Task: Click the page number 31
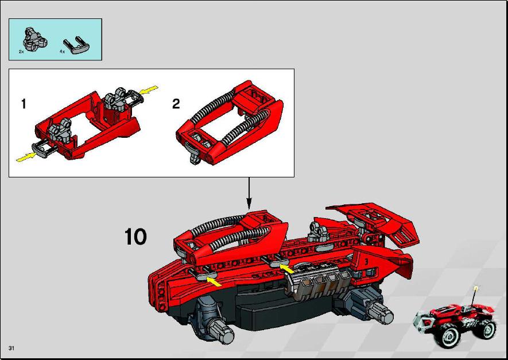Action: [11, 349]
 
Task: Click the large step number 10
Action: [135, 237]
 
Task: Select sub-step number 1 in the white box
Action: [24, 104]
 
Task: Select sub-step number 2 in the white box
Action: [176, 104]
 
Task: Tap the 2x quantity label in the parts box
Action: [21, 52]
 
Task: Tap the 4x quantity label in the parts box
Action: [62, 52]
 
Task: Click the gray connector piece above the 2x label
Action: [34, 39]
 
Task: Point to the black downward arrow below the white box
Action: [249, 193]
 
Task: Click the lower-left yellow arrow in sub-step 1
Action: [26, 157]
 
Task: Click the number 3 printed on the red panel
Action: [366, 261]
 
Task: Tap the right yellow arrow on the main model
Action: [287, 269]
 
